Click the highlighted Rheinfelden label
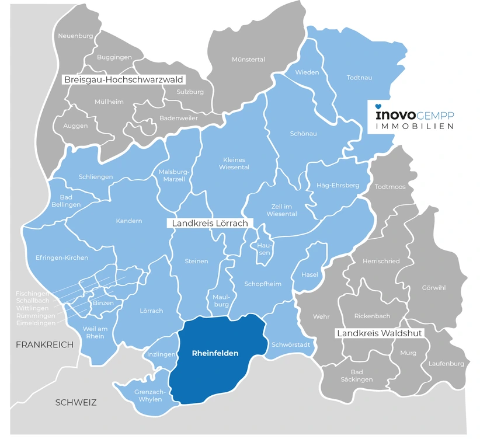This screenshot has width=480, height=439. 215,354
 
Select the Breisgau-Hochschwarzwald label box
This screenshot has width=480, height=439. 123,79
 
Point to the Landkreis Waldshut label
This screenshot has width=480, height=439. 379,333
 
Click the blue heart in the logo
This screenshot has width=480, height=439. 378,107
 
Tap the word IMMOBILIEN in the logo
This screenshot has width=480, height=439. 414,126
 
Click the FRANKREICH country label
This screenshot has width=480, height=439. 45,344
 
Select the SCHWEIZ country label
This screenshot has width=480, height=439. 75,402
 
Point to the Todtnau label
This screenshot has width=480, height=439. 359,77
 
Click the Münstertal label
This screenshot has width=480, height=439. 248,60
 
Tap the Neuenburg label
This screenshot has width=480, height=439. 75,36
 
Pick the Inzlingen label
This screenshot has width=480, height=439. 162,354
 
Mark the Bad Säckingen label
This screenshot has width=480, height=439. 357,375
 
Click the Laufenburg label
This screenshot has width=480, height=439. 446,364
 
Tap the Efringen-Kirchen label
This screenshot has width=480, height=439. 61,257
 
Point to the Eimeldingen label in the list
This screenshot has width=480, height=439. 36,323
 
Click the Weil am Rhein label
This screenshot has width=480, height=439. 94,332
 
